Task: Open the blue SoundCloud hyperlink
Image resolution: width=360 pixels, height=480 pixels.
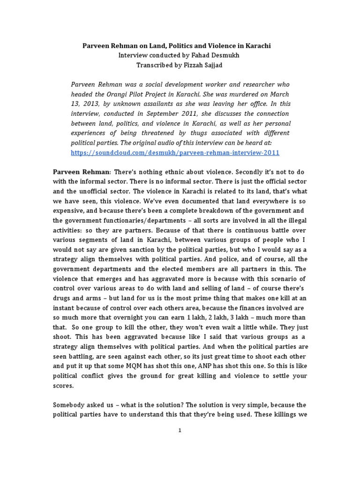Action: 175,153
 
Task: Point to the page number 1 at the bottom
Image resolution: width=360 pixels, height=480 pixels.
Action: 180,433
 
